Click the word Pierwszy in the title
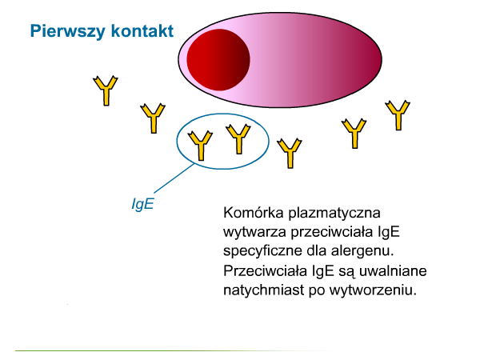68,31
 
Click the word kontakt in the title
142,30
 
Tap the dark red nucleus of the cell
218,60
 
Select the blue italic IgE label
142,203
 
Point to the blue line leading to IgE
174,178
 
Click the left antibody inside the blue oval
200,146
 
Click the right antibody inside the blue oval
238,138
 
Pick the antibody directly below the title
106,90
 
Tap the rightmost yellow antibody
398,115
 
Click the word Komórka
254,213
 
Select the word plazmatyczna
334,214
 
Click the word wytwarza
255,232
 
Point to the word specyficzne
262,252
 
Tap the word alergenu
362,252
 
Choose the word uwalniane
393,271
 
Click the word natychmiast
264,290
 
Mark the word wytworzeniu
373,290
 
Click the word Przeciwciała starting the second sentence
265,271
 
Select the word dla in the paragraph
316,251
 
